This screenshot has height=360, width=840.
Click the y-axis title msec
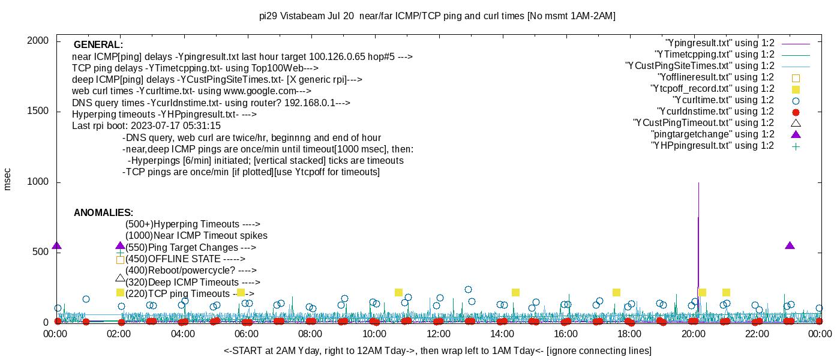(x=8, y=179)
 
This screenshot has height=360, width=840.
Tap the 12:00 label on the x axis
(x=438, y=334)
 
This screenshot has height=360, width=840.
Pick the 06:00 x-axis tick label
(x=247, y=334)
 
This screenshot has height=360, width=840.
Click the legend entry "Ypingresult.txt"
(x=720, y=43)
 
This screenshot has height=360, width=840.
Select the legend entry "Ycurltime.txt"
(x=723, y=100)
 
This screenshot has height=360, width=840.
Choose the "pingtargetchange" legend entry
(x=712, y=134)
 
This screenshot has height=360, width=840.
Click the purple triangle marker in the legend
(x=796, y=134)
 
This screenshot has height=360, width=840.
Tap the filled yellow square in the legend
(x=796, y=89)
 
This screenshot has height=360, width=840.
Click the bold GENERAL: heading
(x=98, y=45)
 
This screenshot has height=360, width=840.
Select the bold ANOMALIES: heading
(x=103, y=213)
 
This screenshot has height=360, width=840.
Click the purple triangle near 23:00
(x=790, y=245)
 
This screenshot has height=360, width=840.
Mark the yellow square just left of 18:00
(x=616, y=292)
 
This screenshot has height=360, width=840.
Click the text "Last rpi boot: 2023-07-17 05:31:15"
(x=146, y=126)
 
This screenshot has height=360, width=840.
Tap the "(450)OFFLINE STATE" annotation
(x=185, y=259)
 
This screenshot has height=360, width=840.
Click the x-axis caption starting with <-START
(x=437, y=350)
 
